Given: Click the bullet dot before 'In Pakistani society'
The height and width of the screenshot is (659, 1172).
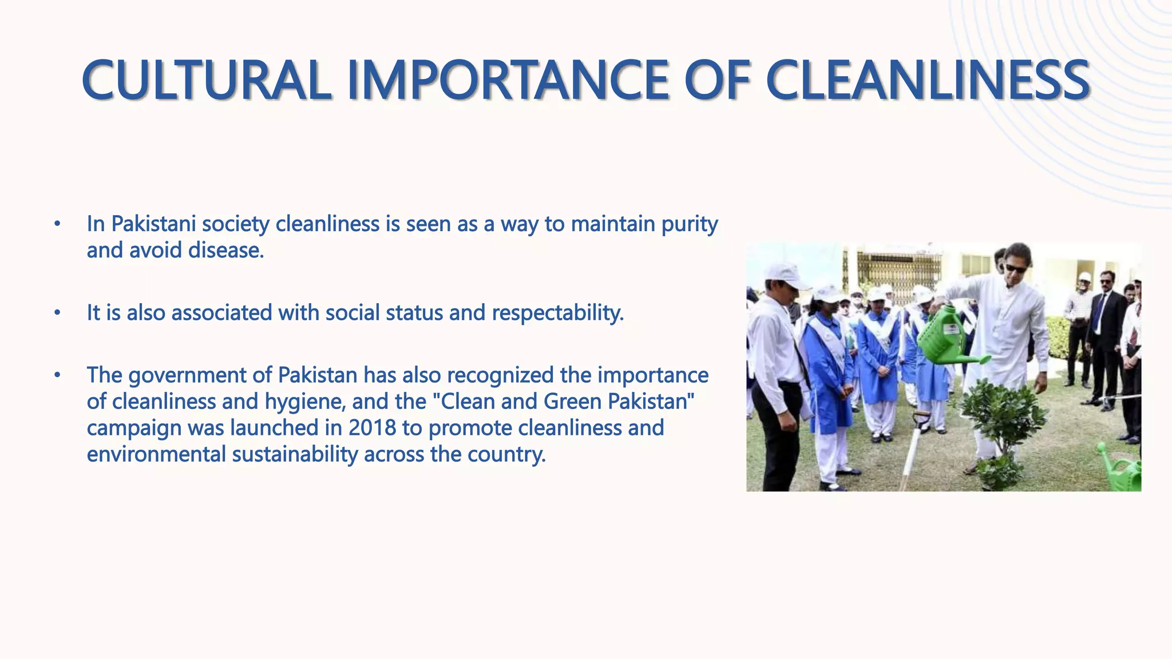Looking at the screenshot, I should (57, 224).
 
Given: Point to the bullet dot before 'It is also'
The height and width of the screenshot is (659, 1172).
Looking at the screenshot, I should (57, 313).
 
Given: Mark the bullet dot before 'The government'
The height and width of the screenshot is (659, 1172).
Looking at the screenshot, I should (57, 376).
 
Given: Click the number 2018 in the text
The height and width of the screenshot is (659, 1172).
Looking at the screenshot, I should (372, 428).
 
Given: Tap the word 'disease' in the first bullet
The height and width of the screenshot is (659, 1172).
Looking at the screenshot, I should (225, 251).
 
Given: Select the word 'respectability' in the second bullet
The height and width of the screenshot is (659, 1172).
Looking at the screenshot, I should (557, 313).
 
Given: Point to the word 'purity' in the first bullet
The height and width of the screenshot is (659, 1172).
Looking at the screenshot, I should (690, 224).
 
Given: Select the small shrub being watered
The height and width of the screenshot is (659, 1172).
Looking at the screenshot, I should (1001, 423).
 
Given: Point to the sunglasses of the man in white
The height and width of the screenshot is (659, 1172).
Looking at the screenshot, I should (1016, 268).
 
